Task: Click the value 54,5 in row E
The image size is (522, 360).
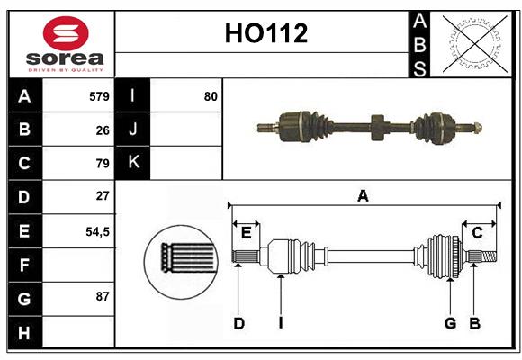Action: [97, 230]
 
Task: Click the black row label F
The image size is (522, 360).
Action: [24, 265]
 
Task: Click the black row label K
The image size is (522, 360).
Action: [133, 163]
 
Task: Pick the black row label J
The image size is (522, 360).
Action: [133, 130]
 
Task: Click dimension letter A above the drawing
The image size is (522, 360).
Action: [364, 195]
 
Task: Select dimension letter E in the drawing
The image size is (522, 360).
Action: [246, 233]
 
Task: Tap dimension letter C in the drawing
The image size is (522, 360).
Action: [478, 233]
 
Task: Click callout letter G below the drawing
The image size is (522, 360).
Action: [449, 323]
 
